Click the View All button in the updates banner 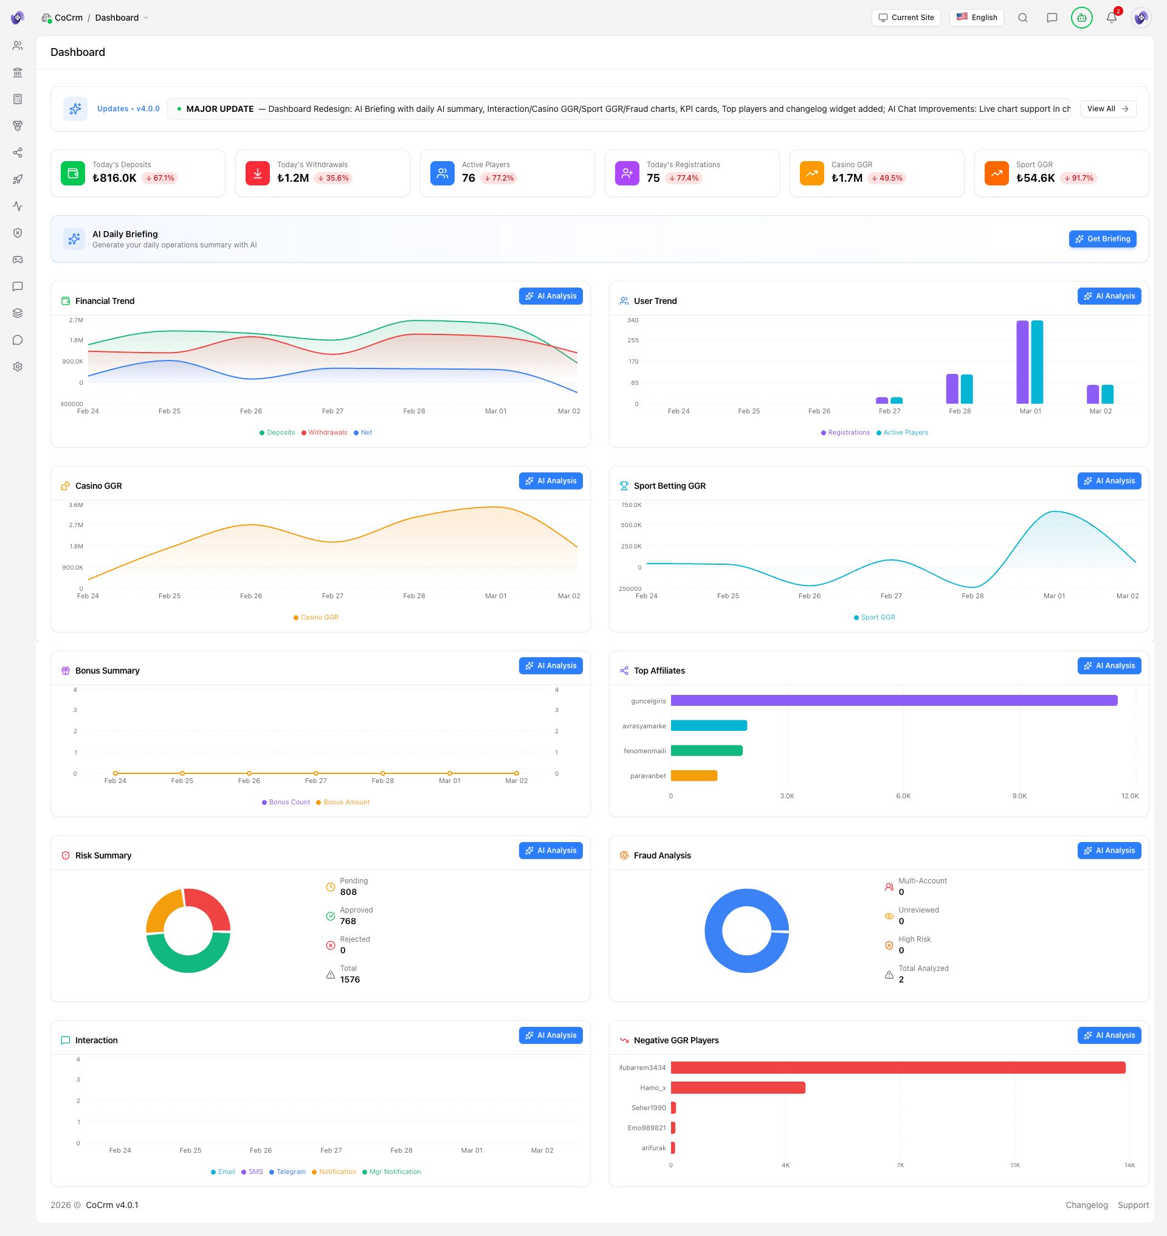(x=1107, y=109)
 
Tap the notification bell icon (x=1111, y=18)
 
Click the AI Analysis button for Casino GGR (x=550, y=481)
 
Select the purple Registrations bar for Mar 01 (x=1022, y=362)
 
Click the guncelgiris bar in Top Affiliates (x=893, y=701)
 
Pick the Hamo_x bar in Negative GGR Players (x=737, y=1088)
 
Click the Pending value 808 (x=348, y=892)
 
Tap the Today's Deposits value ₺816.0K (x=114, y=178)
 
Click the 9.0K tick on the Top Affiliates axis (x=1019, y=796)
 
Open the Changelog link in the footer (x=1086, y=1205)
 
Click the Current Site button (x=906, y=18)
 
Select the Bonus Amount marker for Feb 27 (x=316, y=773)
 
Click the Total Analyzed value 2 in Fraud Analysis (x=901, y=979)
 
